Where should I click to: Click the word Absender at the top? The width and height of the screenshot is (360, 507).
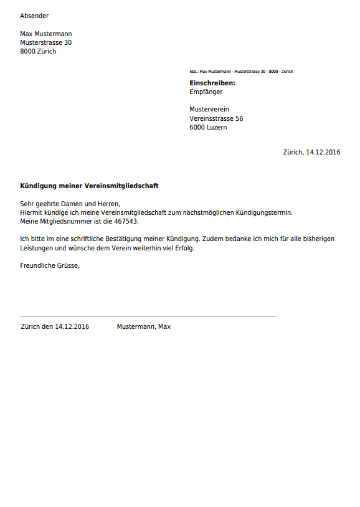click(x=34, y=16)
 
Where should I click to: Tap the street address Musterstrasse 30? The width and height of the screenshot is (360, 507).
click(x=45, y=43)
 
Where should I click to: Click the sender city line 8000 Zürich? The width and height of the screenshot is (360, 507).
click(x=38, y=52)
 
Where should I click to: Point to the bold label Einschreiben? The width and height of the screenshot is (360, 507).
click(x=212, y=83)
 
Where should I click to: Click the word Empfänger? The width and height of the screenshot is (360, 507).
click(x=206, y=92)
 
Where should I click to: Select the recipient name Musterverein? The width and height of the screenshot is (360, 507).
click(x=209, y=110)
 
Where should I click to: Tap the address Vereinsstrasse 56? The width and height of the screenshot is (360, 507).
click(x=216, y=118)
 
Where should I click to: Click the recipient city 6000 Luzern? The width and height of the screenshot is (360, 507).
click(x=208, y=127)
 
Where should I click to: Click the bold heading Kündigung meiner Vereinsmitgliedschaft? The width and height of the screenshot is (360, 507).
click(x=89, y=186)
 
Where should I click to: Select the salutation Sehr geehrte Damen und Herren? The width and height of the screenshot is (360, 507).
click(x=70, y=204)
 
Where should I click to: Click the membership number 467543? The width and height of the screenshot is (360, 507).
click(x=126, y=221)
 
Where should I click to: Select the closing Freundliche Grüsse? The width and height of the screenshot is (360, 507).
click(x=50, y=265)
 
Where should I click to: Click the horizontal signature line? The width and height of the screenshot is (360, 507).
click(x=148, y=316)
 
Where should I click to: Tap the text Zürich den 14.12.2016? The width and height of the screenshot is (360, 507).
click(x=55, y=326)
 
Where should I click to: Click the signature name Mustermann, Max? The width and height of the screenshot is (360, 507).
click(x=143, y=326)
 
